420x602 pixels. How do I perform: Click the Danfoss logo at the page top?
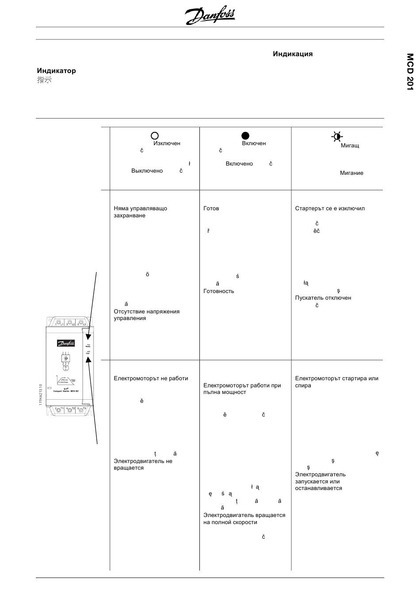click(x=210, y=16)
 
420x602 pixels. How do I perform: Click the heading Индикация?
click(x=293, y=54)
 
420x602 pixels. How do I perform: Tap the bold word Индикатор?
click(x=56, y=71)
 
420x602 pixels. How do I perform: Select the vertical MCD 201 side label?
click(x=410, y=72)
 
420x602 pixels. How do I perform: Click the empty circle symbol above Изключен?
click(x=155, y=136)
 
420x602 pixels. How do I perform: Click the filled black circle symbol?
click(x=245, y=136)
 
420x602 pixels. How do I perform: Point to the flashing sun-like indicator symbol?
click(x=337, y=136)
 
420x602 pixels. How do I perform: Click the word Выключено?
click(x=147, y=171)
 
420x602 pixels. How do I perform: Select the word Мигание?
click(x=351, y=173)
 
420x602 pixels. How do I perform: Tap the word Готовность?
click(x=219, y=291)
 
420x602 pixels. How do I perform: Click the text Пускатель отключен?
click(x=323, y=298)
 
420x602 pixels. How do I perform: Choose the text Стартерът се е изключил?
click(x=330, y=208)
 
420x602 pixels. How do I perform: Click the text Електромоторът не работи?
click(x=151, y=378)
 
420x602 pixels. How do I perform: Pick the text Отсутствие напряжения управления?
click(x=146, y=315)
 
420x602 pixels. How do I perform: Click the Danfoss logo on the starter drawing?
click(x=66, y=343)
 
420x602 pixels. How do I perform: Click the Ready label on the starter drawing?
click(x=88, y=346)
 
